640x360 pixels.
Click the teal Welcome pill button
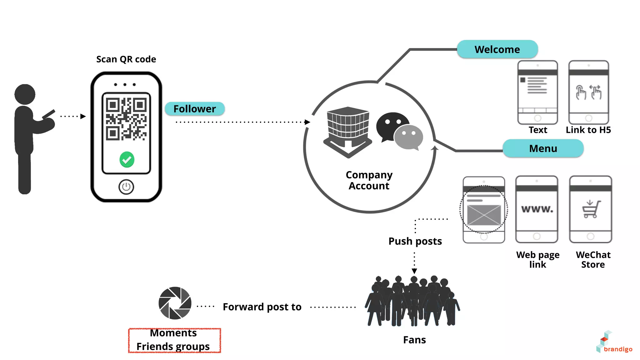coord(497,49)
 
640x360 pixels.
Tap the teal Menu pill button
coord(543,148)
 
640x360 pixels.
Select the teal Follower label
coord(194,109)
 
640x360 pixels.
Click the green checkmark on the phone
coord(127,160)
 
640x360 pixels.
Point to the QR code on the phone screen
coord(126,119)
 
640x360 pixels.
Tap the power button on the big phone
coord(126,187)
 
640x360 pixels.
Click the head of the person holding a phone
coord(25,94)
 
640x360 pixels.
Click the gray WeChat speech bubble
coord(409,137)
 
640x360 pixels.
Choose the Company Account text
coord(369,180)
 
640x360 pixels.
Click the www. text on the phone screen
coord(537,209)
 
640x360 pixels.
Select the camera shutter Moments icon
coord(175,303)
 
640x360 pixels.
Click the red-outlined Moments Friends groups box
coord(174,340)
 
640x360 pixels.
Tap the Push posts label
coord(415,241)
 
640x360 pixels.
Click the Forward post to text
coord(262,307)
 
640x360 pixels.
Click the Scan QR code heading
coord(126,59)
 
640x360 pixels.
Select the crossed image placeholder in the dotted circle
coord(484,215)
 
